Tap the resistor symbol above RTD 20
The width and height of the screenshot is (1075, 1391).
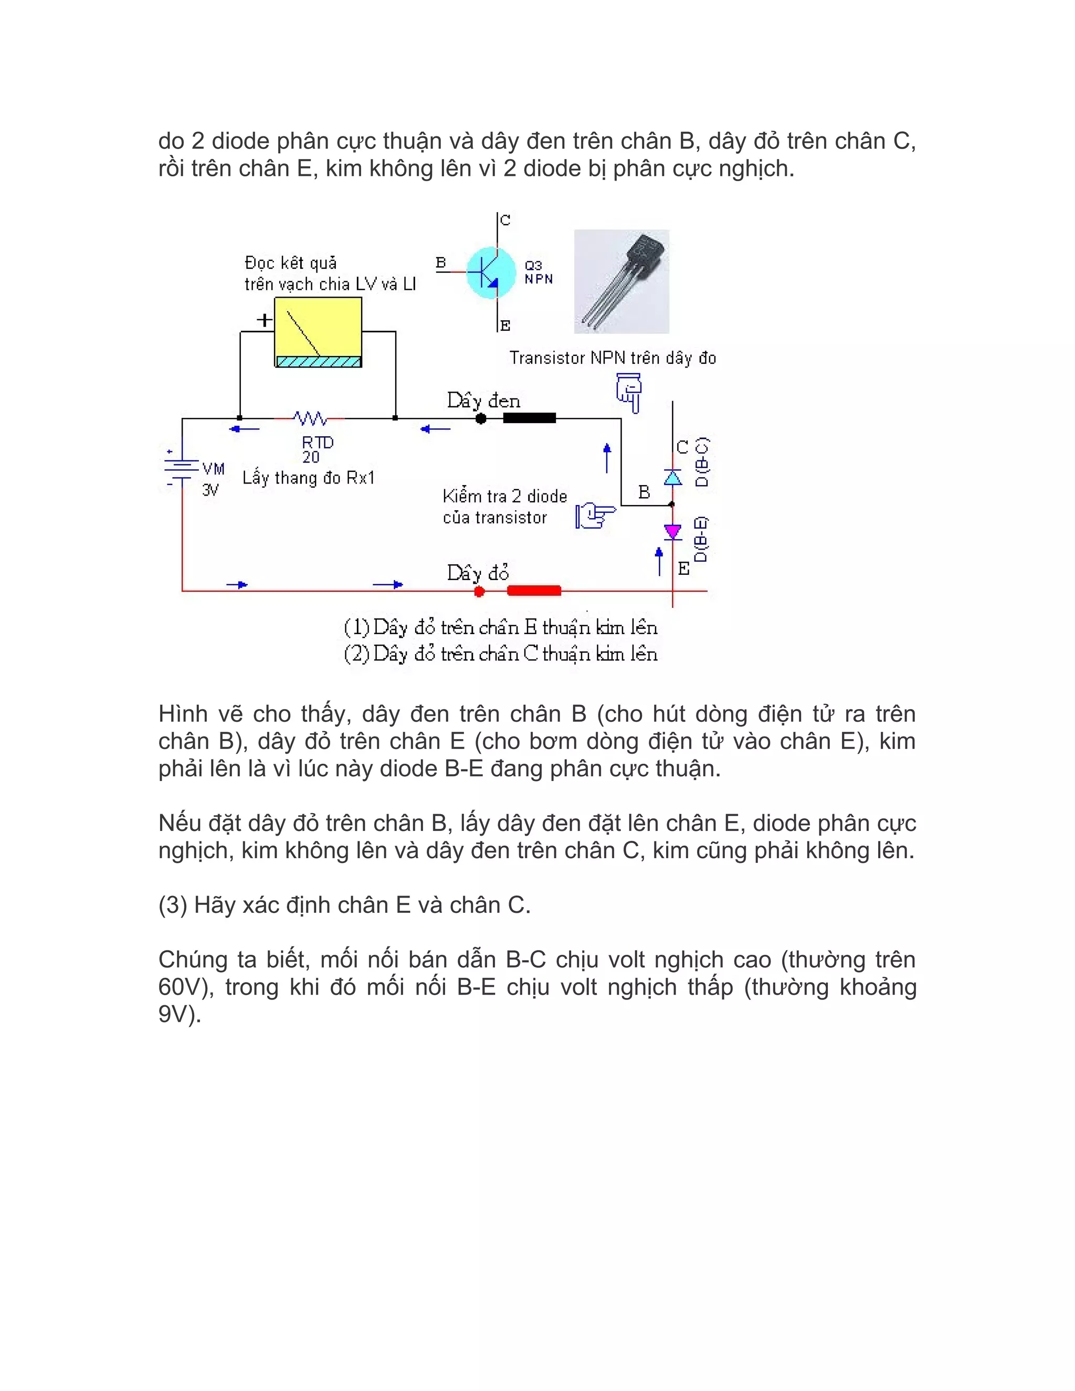[x=310, y=418]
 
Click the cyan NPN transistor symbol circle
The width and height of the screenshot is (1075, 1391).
[x=490, y=272]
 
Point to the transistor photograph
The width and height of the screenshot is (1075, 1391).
[x=621, y=281]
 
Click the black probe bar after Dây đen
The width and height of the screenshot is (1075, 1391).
[x=529, y=418]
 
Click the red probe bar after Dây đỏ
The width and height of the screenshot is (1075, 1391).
[x=534, y=591]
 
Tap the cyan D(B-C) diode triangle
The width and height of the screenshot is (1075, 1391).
[x=672, y=477]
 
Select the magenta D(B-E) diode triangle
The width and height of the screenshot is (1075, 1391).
[x=672, y=531]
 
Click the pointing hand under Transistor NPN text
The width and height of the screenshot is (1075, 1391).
[x=629, y=392]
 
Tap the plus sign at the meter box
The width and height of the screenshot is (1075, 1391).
[x=264, y=320]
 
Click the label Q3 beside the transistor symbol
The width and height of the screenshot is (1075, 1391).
[x=533, y=265]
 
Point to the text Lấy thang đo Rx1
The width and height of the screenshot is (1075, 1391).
[x=308, y=478]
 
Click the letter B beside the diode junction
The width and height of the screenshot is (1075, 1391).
[x=644, y=492]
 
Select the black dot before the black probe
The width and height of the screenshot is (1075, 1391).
[x=481, y=418]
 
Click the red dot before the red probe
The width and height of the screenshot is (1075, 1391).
[x=480, y=591]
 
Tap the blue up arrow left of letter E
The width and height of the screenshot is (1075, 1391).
[x=659, y=561]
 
